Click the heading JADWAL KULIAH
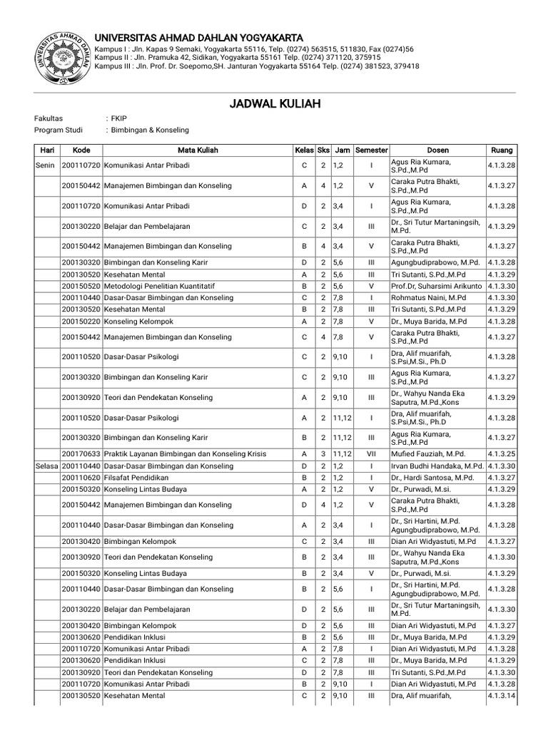pos(274,104)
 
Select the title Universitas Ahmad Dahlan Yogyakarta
pos(199,37)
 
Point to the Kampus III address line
pos(257,66)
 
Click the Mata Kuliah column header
pos(198,150)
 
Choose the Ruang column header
pos(501,150)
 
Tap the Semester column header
pos(371,150)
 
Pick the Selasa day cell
pos(47,466)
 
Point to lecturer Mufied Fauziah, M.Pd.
pos(427,453)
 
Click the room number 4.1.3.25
pos(501,453)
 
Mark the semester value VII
pos(371,453)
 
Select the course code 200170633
pos(81,453)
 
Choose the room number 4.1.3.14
pos(501,696)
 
